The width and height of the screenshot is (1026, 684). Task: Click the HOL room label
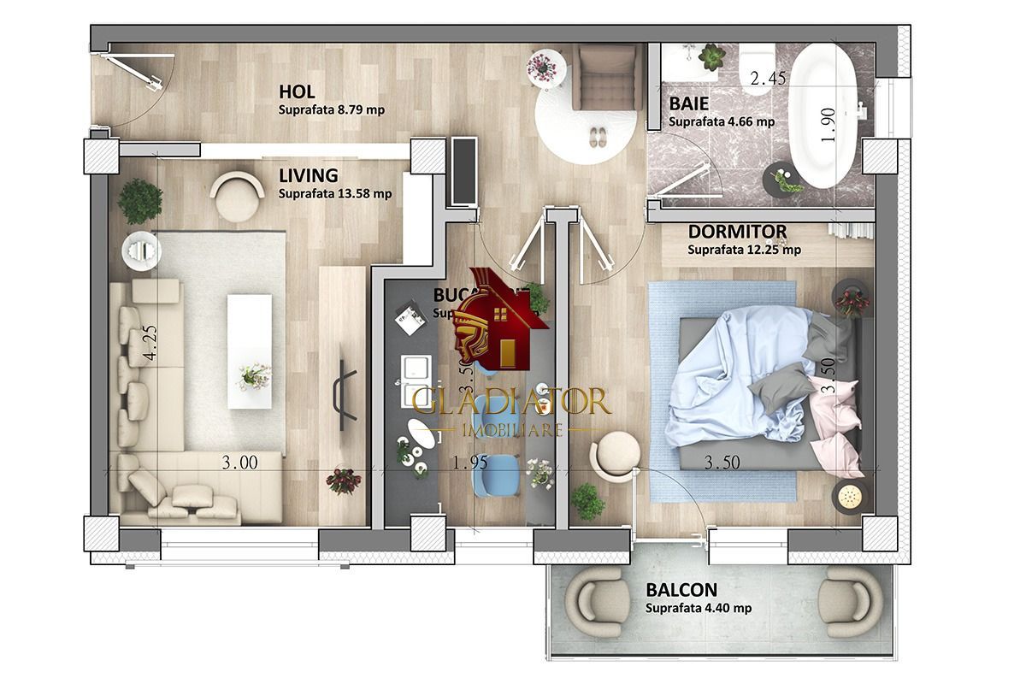tap(297, 91)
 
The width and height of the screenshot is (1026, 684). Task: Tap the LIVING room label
tap(308, 175)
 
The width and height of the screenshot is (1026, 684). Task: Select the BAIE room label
tap(687, 103)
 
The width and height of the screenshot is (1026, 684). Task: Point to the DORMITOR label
tap(737, 232)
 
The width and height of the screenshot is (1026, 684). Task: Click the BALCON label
tap(681, 590)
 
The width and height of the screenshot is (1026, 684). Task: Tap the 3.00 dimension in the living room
tap(239, 463)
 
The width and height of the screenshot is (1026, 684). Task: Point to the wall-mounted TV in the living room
tap(345, 394)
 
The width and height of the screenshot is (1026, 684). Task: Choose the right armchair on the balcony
tap(848, 603)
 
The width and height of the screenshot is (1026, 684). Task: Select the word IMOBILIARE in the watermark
tap(511, 428)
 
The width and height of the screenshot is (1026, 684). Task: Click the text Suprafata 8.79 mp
tap(331, 110)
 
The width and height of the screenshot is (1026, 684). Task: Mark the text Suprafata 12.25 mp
tap(744, 251)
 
